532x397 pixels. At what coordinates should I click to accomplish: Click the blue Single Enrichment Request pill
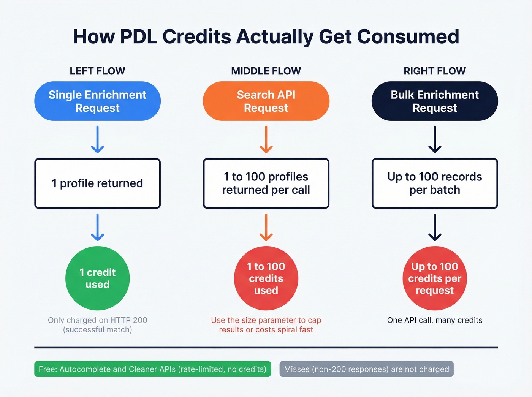click(x=97, y=101)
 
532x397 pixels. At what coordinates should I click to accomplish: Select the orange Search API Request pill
click(x=266, y=101)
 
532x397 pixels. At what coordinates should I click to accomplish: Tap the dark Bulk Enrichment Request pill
click(x=435, y=101)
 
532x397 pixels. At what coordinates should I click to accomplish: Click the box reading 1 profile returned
click(x=97, y=183)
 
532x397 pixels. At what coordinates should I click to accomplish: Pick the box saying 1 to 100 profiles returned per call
click(x=266, y=183)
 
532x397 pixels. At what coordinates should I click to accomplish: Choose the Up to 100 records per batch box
click(x=435, y=183)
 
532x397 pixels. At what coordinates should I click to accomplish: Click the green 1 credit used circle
click(x=97, y=278)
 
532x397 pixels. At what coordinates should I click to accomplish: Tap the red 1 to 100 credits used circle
click(x=266, y=278)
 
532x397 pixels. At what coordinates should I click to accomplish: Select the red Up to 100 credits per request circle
click(x=435, y=278)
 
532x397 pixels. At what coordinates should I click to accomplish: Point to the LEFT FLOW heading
click(x=97, y=71)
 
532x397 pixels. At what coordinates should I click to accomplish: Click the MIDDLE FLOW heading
click(x=266, y=71)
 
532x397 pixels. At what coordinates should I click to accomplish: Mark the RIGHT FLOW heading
click(x=435, y=71)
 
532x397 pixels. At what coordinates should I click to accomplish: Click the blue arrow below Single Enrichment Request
click(x=98, y=139)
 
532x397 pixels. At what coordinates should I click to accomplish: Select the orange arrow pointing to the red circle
click(x=266, y=227)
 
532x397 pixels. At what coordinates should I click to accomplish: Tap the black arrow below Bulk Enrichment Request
click(x=435, y=139)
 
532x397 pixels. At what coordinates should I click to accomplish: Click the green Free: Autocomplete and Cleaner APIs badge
click(x=152, y=369)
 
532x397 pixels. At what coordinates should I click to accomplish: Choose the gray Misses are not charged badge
click(x=366, y=369)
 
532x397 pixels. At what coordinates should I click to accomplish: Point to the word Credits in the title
click(x=197, y=37)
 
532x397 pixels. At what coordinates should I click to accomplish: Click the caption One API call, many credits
click(x=435, y=320)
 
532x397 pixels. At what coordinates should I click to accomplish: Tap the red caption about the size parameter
click(x=266, y=325)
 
